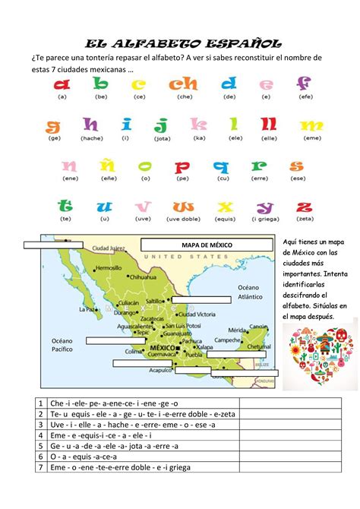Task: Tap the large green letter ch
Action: click(x=185, y=84)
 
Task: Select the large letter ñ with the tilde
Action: click(x=108, y=166)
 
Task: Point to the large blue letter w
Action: click(x=183, y=207)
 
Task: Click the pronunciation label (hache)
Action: click(x=91, y=138)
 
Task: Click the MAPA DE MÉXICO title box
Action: click(x=207, y=245)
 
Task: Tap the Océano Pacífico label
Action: click(x=62, y=345)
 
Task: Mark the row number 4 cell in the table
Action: click(x=39, y=435)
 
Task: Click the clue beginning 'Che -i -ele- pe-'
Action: click(x=103, y=403)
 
